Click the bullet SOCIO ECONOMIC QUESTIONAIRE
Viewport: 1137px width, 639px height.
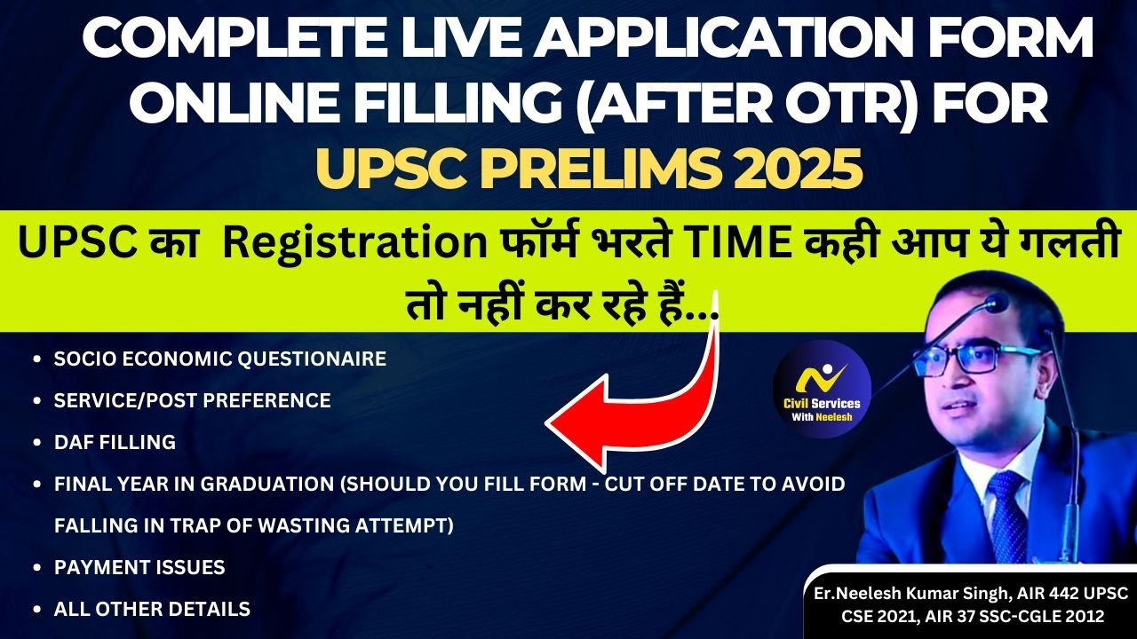pos(219,359)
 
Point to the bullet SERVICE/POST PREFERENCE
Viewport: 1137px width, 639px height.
pos(192,400)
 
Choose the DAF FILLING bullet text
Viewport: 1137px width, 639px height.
pos(115,442)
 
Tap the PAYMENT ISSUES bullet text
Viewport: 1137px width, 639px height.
pos(139,567)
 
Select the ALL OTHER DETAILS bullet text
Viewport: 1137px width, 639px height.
pos(152,609)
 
